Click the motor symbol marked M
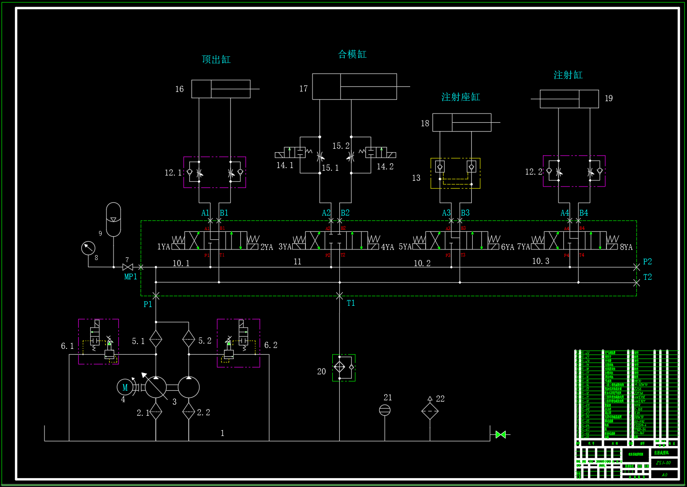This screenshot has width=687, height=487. pyautogui.click(x=125, y=387)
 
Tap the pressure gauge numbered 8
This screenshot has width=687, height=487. pyautogui.click(x=88, y=248)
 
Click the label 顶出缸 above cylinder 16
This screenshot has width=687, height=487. pyautogui.click(x=216, y=59)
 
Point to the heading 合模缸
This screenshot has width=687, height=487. pyautogui.click(x=352, y=54)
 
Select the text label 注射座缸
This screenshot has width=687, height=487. pyautogui.click(x=460, y=97)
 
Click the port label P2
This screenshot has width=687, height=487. pyautogui.click(x=647, y=262)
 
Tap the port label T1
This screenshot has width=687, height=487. pyautogui.click(x=350, y=303)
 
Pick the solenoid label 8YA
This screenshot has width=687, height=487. pyautogui.click(x=626, y=247)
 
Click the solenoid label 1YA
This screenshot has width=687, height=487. pyautogui.click(x=163, y=247)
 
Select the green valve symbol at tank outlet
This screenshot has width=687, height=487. pyautogui.click(x=500, y=435)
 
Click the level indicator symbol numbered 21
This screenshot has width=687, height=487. pyautogui.click(x=385, y=410)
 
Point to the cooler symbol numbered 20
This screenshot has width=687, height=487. pyautogui.click(x=340, y=366)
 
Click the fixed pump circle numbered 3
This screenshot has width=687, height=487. pyautogui.click(x=188, y=388)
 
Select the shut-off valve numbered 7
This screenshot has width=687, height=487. pyautogui.click(x=128, y=267)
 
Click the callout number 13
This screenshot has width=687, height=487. pyautogui.click(x=416, y=178)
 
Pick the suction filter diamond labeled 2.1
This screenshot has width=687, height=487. pyautogui.click(x=156, y=412)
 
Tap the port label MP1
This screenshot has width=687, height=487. pyautogui.click(x=130, y=277)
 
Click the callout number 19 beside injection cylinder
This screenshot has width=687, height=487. pyautogui.click(x=608, y=99)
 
